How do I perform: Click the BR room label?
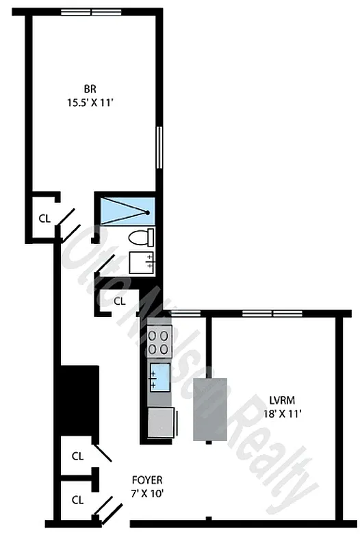click(89, 89)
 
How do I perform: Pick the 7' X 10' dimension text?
click(150, 493)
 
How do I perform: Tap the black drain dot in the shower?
click(148, 213)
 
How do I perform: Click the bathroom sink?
click(142, 262)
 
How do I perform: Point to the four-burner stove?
click(159, 340)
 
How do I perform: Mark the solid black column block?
click(79, 397)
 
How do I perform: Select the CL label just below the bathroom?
click(120, 300)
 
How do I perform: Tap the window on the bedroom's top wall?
click(91, 12)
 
